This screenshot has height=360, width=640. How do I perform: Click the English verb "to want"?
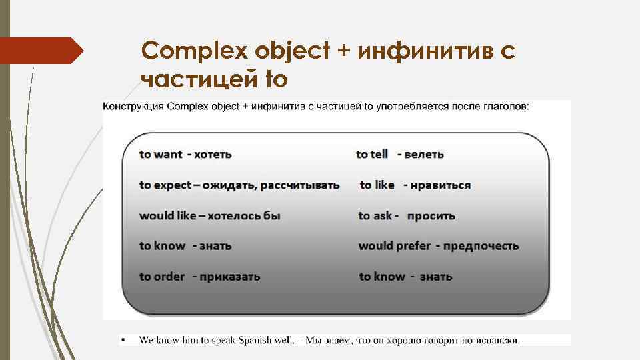coord(161,155)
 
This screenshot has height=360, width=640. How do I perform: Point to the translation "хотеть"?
coord(213,155)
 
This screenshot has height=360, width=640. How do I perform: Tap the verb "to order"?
coord(162,277)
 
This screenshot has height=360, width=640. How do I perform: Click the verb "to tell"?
coord(372,155)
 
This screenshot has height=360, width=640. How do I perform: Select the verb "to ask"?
coord(375,216)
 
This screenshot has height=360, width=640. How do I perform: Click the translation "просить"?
coord(431,216)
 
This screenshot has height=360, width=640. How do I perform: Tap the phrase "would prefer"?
coord(395,246)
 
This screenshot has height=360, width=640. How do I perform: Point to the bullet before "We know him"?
coord(124,340)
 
